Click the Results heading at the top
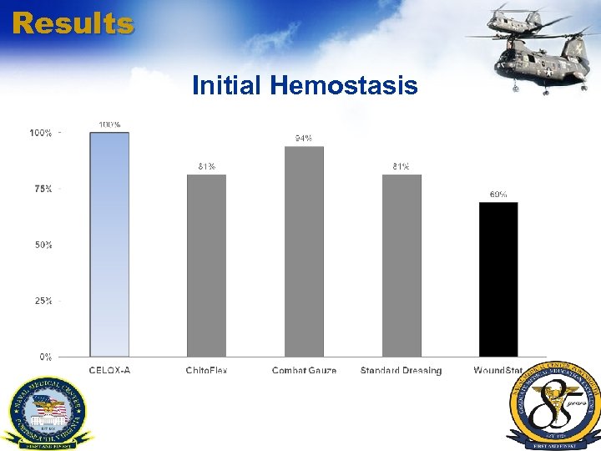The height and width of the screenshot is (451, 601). click(73, 23)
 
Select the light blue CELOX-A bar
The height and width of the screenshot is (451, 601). click(109, 245)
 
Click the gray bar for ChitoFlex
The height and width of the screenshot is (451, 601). click(206, 266)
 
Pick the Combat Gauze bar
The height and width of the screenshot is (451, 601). click(304, 251)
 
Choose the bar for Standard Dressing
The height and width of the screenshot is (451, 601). click(402, 266)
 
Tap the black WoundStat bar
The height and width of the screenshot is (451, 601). click(498, 279)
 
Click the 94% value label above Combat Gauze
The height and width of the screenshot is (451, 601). click(304, 138)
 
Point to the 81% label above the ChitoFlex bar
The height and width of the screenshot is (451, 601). click(206, 166)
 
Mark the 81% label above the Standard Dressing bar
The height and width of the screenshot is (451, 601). click(402, 166)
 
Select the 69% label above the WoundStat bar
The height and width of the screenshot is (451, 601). click(498, 194)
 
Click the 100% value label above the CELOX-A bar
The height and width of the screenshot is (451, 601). click(109, 124)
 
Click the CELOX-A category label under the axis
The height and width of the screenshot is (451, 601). click(109, 370)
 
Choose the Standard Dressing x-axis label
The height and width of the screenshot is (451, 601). click(402, 370)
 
